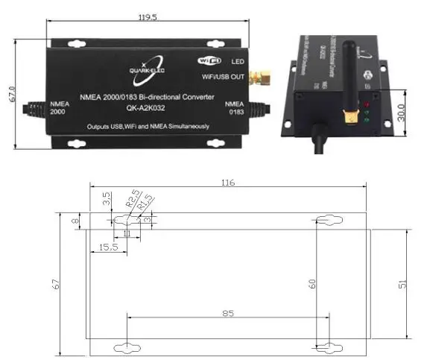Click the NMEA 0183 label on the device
click(234, 108)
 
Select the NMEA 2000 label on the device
click(59, 108)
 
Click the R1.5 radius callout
click(145, 205)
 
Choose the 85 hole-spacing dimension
click(227, 313)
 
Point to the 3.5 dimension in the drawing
click(107, 199)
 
